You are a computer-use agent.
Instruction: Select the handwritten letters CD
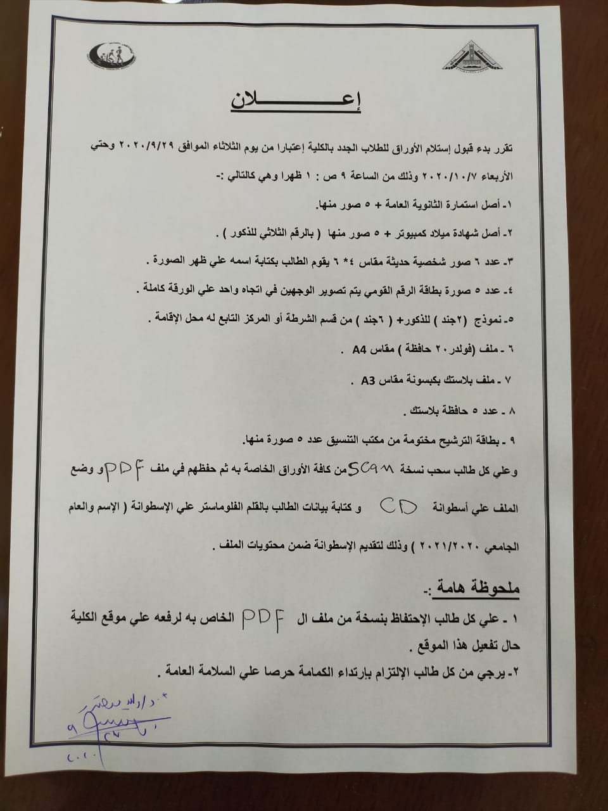tap(398, 506)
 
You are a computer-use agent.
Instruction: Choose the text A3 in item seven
tap(369, 380)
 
